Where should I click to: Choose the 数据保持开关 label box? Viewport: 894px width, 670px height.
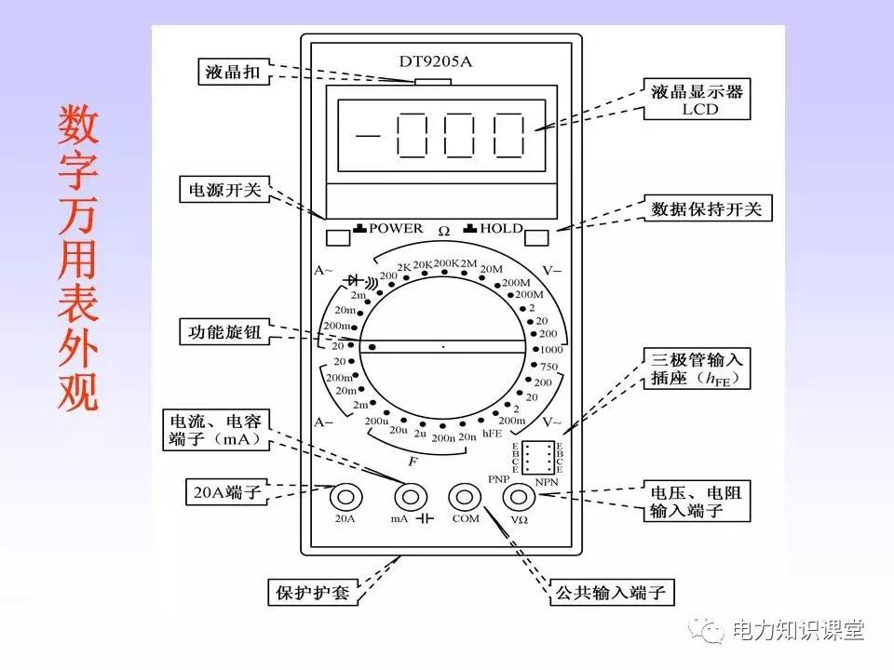pos(707,209)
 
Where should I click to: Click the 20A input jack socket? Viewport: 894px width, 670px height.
pos(345,496)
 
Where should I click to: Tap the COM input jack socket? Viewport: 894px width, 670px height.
pos(465,496)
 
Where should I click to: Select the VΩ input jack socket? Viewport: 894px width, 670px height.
pos(520,496)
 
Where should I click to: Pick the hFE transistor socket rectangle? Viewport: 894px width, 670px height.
pos(535,456)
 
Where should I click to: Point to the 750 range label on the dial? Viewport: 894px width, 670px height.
pos(549,367)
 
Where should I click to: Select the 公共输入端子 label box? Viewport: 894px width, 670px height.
pos(612,592)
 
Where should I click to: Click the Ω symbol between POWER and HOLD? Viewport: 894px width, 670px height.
pos(444,230)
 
